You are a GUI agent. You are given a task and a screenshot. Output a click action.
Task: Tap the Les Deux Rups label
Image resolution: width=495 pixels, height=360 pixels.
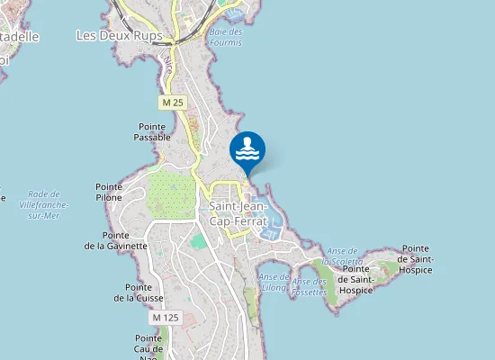pyautogui.click(x=119, y=36)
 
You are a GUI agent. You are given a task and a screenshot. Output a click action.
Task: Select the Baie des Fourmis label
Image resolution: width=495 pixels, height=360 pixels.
pyautogui.click(x=225, y=36)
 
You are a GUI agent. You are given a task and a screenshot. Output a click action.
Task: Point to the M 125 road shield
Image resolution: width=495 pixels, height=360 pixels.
pyautogui.click(x=166, y=318)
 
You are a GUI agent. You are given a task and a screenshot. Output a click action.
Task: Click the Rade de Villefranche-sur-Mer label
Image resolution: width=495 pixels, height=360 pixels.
pyautogui.click(x=44, y=205)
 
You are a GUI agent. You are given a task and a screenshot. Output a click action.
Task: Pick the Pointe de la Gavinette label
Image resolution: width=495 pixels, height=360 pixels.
pyautogui.click(x=116, y=239)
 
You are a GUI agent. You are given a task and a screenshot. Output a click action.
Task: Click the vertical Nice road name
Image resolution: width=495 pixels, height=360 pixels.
pyautogui.click(x=168, y=61)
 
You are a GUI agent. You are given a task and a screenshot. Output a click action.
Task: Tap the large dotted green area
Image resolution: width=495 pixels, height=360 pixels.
pyautogui.click(x=171, y=192)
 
